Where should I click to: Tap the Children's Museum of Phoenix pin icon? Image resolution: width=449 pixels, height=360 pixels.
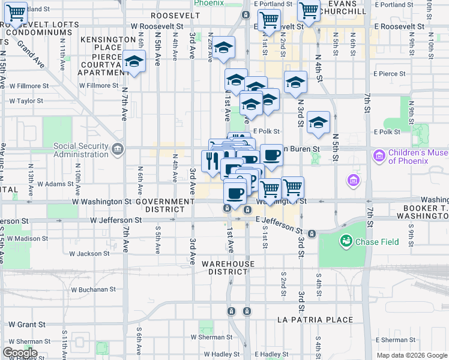(378, 156)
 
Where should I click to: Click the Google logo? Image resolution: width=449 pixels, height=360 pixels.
(20, 353)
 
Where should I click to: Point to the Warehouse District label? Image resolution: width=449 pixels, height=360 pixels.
(228, 268)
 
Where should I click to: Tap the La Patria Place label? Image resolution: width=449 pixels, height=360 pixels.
(315, 320)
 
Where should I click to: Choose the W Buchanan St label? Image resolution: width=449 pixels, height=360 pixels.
(93, 289)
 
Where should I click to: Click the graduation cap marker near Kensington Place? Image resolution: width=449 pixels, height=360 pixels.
(134, 62)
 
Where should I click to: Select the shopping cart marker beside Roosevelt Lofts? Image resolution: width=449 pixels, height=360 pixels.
(15, 13)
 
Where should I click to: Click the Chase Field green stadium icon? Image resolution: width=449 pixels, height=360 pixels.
(346, 242)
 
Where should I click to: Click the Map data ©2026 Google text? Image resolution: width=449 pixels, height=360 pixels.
(412, 355)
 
